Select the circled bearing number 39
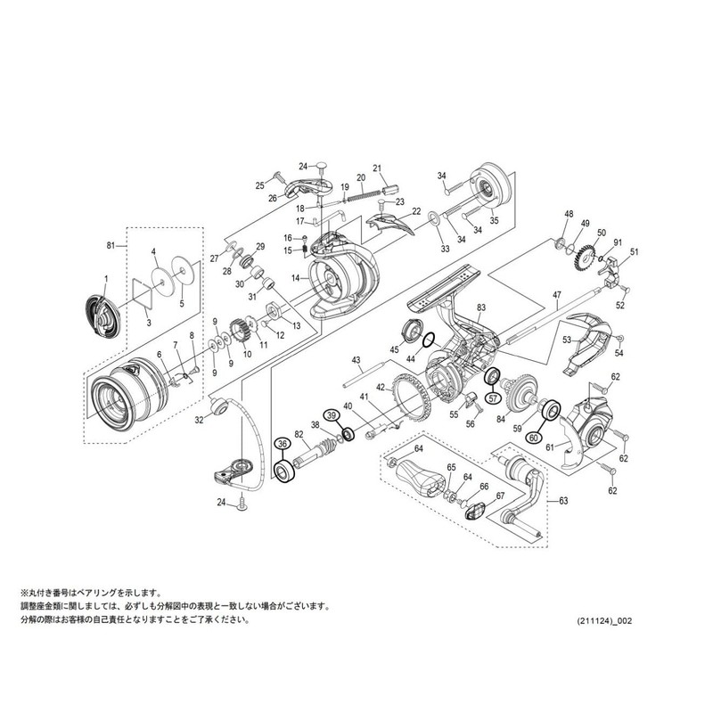[331, 415]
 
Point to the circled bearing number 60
[533, 438]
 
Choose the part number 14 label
[293, 278]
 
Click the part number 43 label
[355, 360]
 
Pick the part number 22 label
[416, 211]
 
